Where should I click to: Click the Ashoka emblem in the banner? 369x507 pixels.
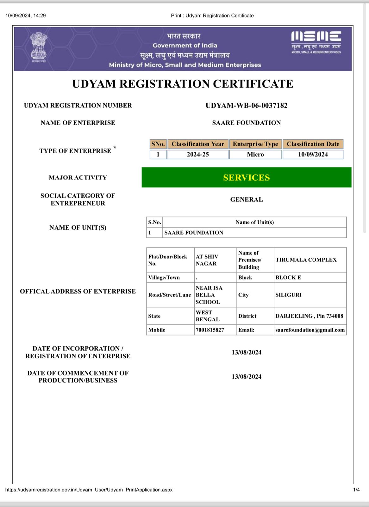[x=39, y=47]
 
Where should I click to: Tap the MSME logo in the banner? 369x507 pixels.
[x=316, y=42]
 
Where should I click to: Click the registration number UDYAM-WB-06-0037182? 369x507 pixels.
[x=247, y=106]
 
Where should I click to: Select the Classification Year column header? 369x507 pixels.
[x=198, y=144]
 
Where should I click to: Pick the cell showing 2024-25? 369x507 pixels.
[x=198, y=155]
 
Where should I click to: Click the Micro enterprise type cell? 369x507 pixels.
[x=255, y=155]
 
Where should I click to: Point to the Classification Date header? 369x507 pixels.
[x=313, y=144]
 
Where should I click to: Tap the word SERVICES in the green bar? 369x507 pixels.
[x=246, y=177]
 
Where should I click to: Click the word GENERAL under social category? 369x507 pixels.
[x=246, y=200]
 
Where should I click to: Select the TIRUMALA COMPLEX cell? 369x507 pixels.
[x=306, y=260]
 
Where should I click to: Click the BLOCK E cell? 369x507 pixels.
[x=288, y=278]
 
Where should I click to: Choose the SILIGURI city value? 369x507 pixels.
[x=288, y=295]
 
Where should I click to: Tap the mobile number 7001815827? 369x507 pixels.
[x=210, y=330]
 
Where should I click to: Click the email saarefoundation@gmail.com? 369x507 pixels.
[x=310, y=330]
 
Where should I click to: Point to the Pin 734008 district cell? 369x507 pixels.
[x=309, y=316]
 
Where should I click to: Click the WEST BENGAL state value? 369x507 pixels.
[x=208, y=316]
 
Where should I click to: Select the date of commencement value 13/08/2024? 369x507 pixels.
[x=246, y=377]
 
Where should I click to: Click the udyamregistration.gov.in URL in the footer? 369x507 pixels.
[x=89, y=490]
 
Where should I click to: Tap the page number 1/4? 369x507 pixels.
[x=356, y=490]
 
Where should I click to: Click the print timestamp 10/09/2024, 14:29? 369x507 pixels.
[x=26, y=16]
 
